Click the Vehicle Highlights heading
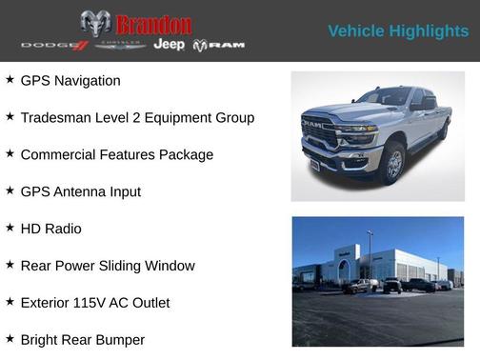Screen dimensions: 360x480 pos(398,31)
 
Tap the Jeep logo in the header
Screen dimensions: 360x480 pos(170,45)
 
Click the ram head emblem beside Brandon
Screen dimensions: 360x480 pos(95,24)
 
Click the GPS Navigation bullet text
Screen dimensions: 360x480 pos(70,81)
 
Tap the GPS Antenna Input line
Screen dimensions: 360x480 pos(80,192)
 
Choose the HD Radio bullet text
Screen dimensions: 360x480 pos(50,230)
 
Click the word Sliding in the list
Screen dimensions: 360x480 pos(133,267)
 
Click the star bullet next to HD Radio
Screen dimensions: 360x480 pos(10,229)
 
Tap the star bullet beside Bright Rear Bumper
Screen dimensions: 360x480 pos(10,339)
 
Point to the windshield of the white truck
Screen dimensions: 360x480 pos(383,97)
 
